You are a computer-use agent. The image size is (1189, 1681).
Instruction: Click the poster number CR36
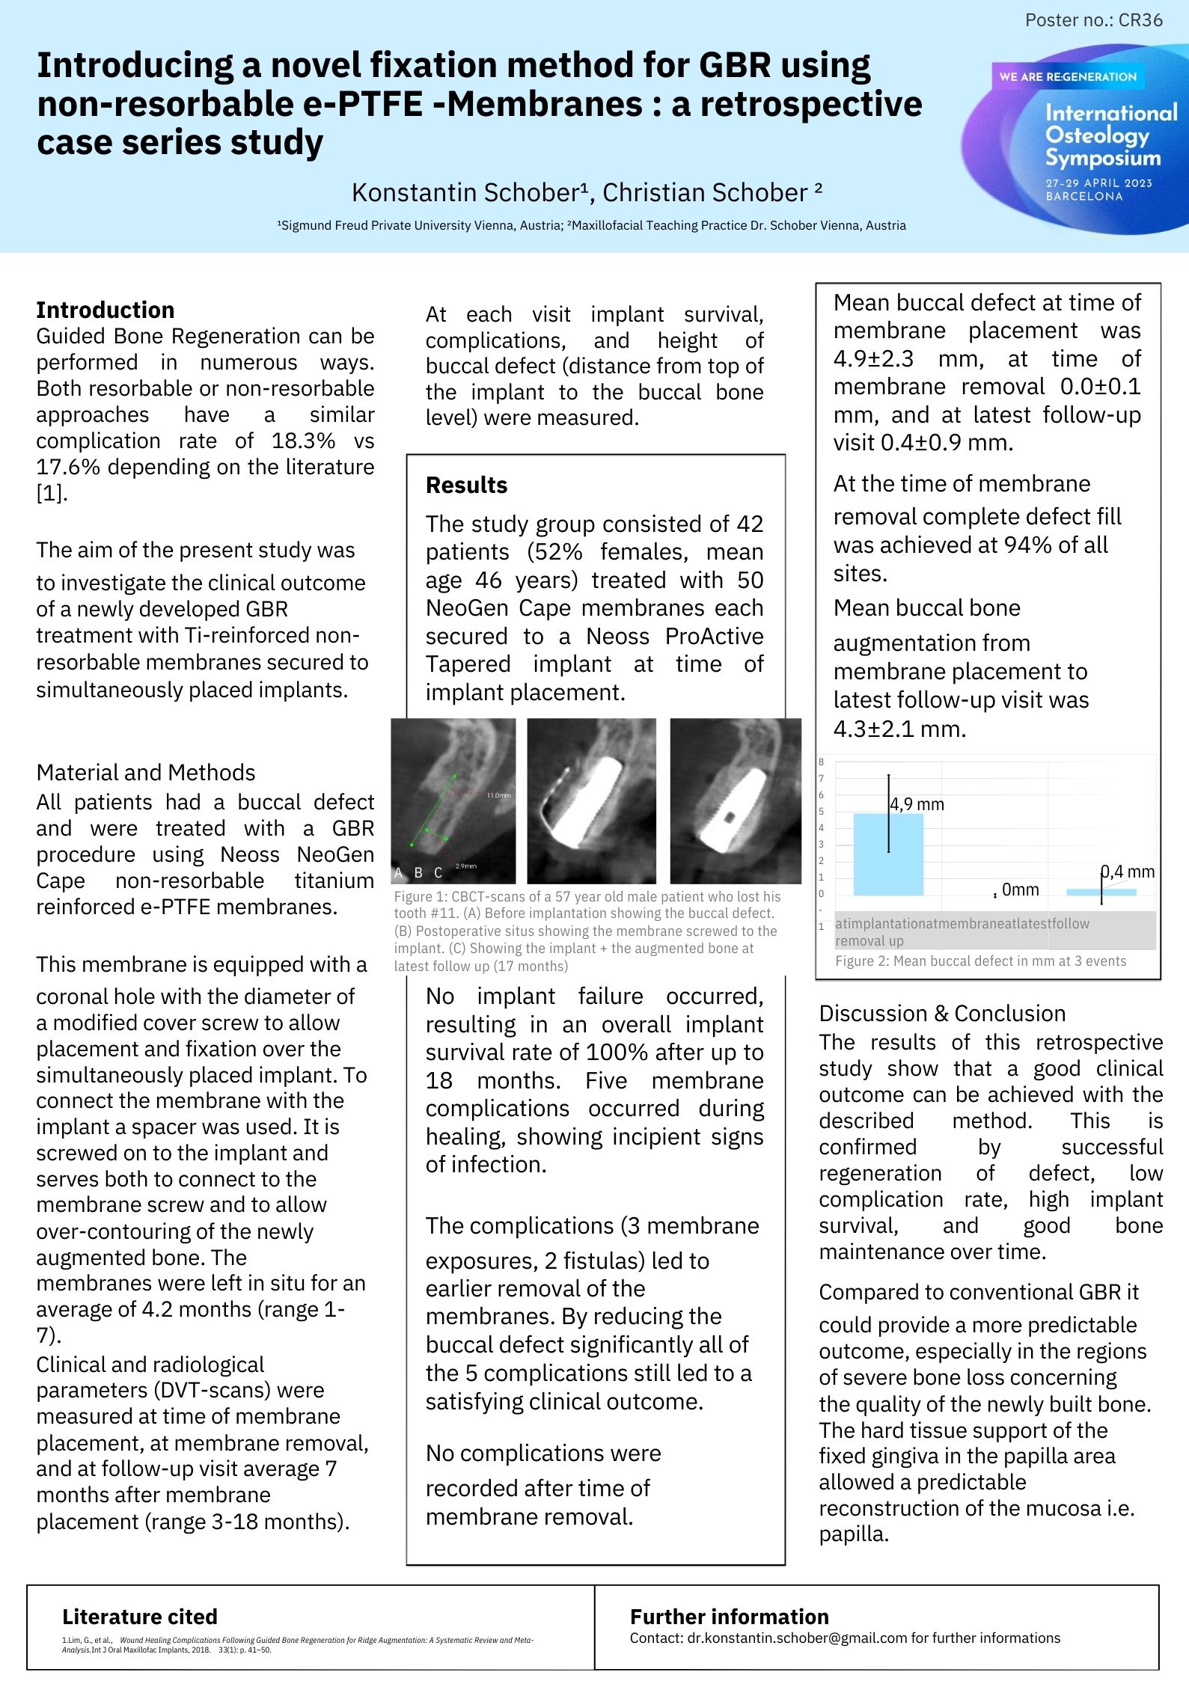click(1093, 20)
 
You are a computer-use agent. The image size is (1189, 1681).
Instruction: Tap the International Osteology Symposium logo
click(1078, 138)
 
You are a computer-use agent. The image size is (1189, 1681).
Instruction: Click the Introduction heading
click(106, 310)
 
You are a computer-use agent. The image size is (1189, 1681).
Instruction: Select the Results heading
click(466, 485)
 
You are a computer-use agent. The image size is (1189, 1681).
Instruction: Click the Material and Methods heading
click(146, 772)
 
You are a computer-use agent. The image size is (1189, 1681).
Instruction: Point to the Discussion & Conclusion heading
click(942, 1013)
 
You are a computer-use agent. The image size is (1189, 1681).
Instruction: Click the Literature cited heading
click(140, 1617)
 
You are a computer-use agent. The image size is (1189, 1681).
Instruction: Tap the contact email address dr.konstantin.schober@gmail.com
click(797, 1638)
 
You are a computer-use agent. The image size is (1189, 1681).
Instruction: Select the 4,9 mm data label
click(917, 804)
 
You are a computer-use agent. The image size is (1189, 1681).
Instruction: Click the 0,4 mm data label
click(1127, 872)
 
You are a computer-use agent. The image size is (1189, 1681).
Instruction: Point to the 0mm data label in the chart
click(1020, 890)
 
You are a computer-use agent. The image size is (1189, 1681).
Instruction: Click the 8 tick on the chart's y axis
click(822, 762)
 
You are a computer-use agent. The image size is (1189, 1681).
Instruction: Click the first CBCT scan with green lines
click(453, 800)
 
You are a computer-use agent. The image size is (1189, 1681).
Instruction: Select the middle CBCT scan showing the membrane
click(591, 800)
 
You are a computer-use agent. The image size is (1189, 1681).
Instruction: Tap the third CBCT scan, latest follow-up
click(735, 800)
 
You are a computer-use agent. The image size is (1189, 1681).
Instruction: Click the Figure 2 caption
click(980, 961)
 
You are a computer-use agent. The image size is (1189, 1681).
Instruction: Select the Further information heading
click(729, 1617)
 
